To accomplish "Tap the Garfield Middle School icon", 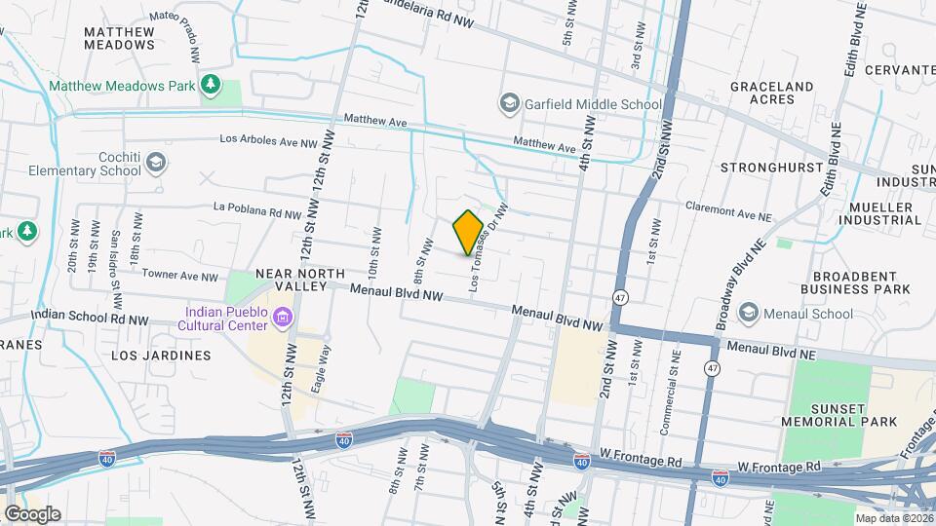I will pos(509,103).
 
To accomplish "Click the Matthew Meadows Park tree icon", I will pos(210,86).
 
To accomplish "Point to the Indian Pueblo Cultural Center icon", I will pos(284,318).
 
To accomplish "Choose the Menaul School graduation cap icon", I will pos(749,313).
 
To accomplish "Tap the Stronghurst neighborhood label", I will pos(770,168).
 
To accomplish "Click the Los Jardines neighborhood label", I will pos(161,356).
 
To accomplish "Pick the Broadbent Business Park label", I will pos(855,282).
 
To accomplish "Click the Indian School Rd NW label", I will pos(90,317).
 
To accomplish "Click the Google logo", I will pos(32,514).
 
